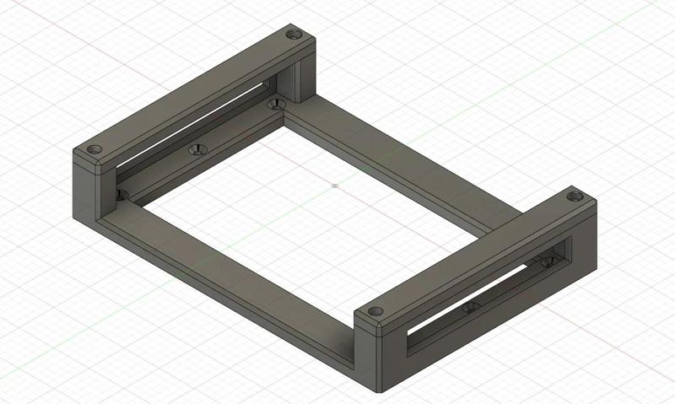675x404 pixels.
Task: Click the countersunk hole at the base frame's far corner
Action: [x=273, y=105]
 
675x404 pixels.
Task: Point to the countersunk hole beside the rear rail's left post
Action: [x=121, y=194]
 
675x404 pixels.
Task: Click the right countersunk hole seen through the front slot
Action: [x=548, y=261]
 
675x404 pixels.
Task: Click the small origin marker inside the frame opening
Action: [x=335, y=185]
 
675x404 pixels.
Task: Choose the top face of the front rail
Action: [x=472, y=253]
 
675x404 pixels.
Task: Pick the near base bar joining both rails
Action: [x=228, y=270]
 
